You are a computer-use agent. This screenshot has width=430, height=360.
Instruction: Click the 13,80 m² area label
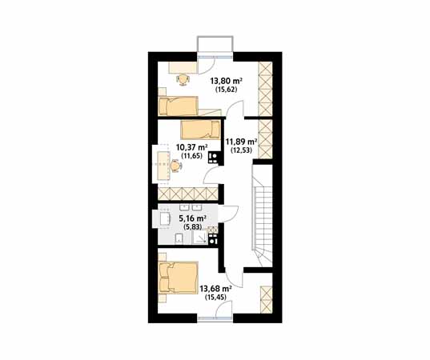point(226,81)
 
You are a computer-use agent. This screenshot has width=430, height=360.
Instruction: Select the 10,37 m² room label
point(191,147)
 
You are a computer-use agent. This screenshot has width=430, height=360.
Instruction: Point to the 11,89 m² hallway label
point(241,142)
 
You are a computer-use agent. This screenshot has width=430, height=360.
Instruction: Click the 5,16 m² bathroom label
point(192,218)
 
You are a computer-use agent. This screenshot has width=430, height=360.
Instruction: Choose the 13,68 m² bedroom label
point(216,289)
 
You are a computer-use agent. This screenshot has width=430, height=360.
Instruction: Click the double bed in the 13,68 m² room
point(179,278)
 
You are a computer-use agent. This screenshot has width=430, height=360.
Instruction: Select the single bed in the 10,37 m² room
point(200,130)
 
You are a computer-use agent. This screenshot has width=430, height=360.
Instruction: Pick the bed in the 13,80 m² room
point(179,106)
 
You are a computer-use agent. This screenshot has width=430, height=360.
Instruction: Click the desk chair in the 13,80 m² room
point(183,79)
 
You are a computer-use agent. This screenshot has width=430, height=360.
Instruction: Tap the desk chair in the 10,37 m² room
point(175,166)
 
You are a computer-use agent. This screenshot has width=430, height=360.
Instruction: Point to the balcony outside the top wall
point(215,44)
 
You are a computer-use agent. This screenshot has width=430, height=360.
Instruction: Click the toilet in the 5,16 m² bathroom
point(179,238)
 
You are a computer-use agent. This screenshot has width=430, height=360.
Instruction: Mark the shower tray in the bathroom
point(199,237)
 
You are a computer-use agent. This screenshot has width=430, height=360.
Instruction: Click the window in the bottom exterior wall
point(215,318)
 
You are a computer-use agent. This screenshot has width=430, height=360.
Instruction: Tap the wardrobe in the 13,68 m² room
point(267,299)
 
